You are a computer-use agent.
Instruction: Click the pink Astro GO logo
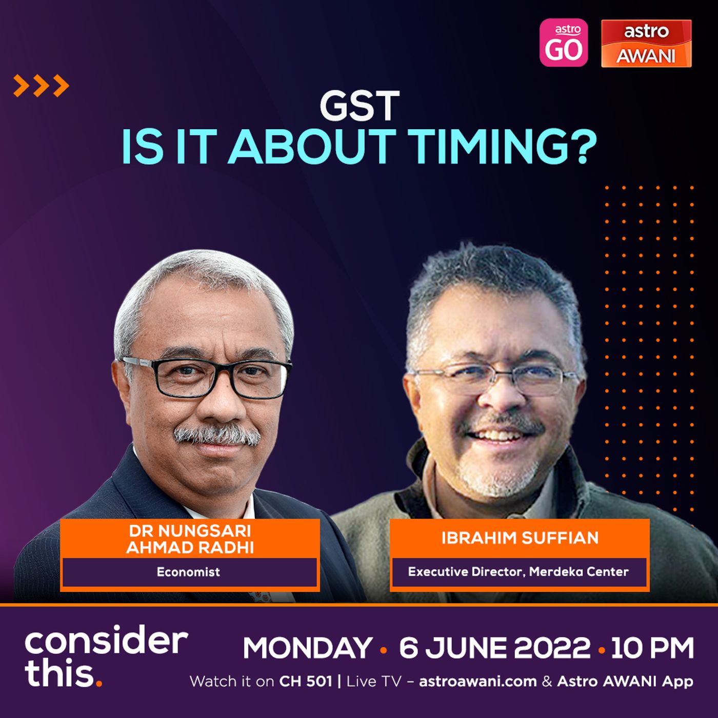point(563,43)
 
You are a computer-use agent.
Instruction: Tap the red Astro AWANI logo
point(646,43)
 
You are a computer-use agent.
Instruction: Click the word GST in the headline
point(360,106)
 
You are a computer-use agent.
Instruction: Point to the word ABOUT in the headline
point(312,146)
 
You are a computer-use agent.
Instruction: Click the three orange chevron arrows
point(41,86)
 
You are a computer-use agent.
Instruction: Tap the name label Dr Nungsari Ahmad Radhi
point(190,539)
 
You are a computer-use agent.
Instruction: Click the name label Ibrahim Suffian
point(520,538)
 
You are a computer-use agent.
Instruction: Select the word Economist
point(188,571)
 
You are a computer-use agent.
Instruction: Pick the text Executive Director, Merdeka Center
point(518,571)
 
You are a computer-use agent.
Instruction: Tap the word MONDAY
point(307,648)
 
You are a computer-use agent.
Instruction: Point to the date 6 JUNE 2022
point(495,648)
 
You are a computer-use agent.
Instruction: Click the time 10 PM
point(652,648)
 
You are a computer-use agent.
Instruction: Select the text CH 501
point(306,682)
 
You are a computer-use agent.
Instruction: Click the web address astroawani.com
point(477,682)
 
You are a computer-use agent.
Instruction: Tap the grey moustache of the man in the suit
point(217,435)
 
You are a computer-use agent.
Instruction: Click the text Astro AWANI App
point(625,682)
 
